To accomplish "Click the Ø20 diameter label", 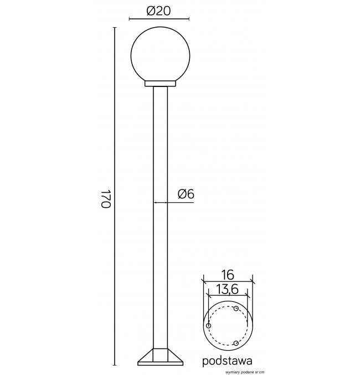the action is tap(159, 11).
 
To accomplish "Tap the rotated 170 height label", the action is tap(106, 199).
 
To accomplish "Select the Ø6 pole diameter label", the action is tap(186, 194).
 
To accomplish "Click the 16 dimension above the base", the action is tap(227, 275).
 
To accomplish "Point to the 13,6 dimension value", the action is tap(228, 289).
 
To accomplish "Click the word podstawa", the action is tap(227, 361).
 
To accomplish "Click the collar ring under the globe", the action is tap(160, 84).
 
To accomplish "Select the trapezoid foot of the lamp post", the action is tap(160, 357).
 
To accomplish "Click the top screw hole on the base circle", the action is tap(236, 309).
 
